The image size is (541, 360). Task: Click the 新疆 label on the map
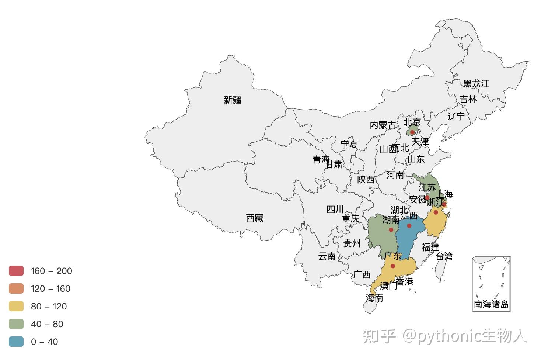pyautogui.click(x=233, y=100)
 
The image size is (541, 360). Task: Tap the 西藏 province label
pyautogui.click(x=255, y=218)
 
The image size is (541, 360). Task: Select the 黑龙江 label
pyautogui.click(x=476, y=84)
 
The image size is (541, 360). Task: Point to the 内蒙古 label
pyautogui.click(x=383, y=125)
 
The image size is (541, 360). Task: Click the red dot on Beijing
pyautogui.click(x=412, y=132)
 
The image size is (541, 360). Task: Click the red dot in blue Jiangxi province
pyautogui.click(x=409, y=226)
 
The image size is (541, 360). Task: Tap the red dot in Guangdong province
pyautogui.click(x=393, y=266)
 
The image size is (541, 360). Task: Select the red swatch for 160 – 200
pyautogui.click(x=16, y=271)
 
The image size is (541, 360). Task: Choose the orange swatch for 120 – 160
pyautogui.click(x=16, y=288)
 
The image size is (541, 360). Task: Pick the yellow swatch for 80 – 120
pyautogui.click(x=16, y=306)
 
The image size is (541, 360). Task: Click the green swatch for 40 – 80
pyautogui.click(x=16, y=324)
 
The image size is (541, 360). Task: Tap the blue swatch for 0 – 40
pyautogui.click(x=16, y=342)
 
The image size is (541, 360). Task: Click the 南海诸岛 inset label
pyautogui.click(x=491, y=304)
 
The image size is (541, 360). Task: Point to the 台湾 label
pyautogui.click(x=444, y=256)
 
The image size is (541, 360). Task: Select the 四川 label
pyautogui.click(x=335, y=210)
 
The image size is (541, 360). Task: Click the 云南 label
pyautogui.click(x=327, y=256)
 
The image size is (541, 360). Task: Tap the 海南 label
pyautogui.click(x=374, y=298)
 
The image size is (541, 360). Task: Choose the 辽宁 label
pyautogui.click(x=456, y=116)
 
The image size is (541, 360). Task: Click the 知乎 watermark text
pyautogui.click(x=379, y=336)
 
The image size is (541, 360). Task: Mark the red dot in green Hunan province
pyautogui.click(x=391, y=230)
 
